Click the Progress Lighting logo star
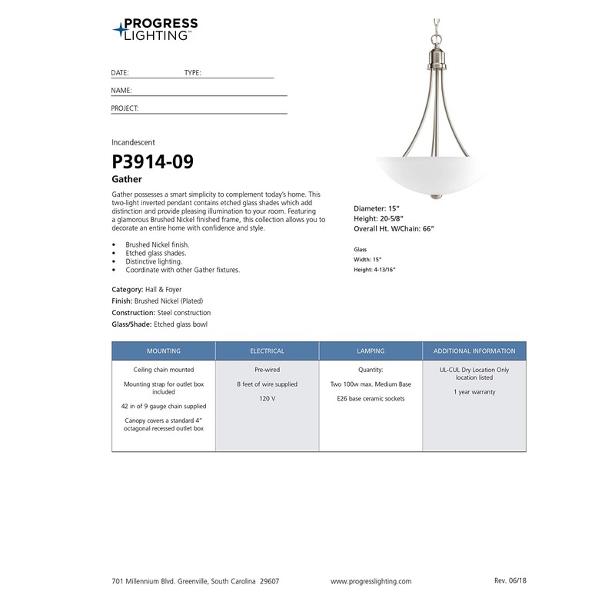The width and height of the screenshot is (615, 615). tap(121, 31)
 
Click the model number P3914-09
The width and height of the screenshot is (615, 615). tap(152, 161)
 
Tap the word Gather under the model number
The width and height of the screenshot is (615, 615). tap(127, 178)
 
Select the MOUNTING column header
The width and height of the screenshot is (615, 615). tap(163, 351)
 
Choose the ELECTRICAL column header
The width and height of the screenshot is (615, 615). tap(267, 351)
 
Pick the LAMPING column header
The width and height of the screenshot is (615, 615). tap(371, 351)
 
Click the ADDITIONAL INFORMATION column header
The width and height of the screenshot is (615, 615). tap(474, 351)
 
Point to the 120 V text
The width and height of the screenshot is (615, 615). tap(267, 398)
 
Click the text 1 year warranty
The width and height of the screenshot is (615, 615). tap(474, 392)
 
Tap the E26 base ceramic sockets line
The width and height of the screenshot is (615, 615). tap(371, 398)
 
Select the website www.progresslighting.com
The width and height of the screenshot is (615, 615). tap(371, 581)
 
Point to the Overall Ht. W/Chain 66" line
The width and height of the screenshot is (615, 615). tap(401, 228)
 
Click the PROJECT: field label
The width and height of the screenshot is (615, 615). tap(125, 108)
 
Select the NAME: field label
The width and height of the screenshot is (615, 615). tap(121, 91)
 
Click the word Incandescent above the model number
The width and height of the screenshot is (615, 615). tap(134, 142)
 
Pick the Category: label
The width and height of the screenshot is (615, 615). tap(128, 288)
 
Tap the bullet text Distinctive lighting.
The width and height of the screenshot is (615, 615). tap(154, 261)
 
